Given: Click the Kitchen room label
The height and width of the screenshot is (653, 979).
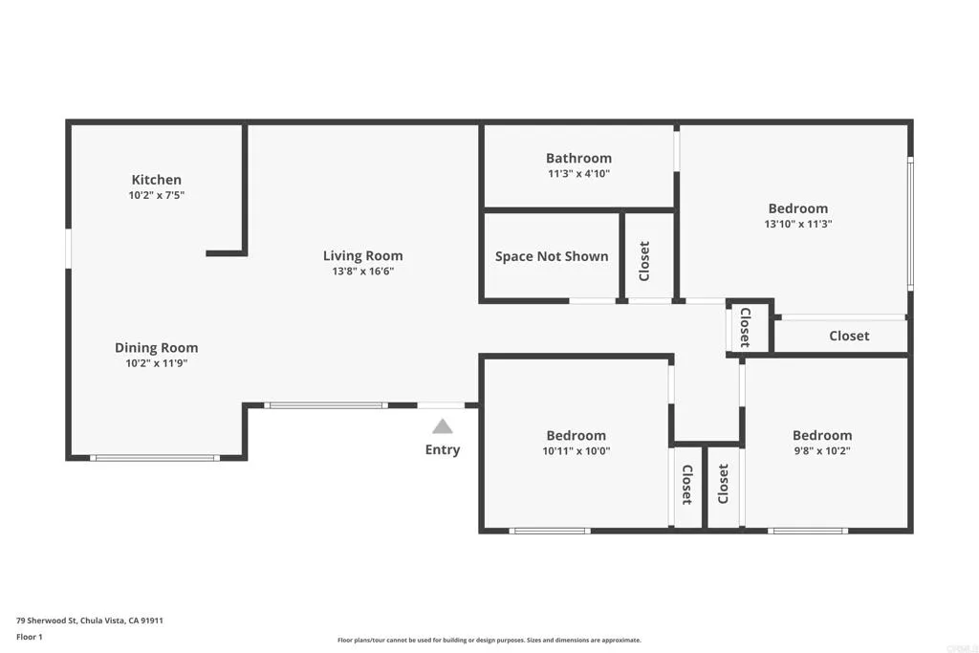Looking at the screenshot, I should [156, 180].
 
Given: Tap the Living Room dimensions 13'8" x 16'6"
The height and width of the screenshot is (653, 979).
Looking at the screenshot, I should [362, 271].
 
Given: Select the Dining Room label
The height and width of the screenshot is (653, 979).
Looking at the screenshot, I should [156, 348].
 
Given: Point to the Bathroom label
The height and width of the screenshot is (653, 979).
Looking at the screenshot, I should [578, 159].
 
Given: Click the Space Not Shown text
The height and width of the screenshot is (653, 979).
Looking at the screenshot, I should [552, 256].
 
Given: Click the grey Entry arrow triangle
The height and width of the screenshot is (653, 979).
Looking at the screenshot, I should [443, 426].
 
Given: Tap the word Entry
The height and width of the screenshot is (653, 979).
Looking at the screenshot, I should [443, 449].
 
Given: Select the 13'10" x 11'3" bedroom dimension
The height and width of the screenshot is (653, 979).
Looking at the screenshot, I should [798, 224].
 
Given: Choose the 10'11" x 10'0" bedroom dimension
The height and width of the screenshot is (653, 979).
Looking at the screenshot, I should [577, 451].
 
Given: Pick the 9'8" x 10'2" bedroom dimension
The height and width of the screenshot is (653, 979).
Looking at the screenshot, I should [822, 451].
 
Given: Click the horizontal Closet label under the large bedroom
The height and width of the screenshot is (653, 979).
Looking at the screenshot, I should [849, 336].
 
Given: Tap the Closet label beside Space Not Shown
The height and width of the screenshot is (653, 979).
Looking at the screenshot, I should [644, 261].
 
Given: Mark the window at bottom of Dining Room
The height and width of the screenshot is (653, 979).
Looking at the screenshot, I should [155, 458].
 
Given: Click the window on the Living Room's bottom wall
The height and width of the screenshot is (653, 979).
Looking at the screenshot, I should [326, 405].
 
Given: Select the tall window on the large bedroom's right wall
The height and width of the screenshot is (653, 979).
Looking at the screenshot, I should [910, 224].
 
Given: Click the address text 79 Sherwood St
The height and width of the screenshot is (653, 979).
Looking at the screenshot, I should [90, 620].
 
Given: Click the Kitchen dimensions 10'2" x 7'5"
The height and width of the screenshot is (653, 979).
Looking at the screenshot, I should [156, 195].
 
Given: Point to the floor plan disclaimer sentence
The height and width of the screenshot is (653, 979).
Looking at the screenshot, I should [489, 641].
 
